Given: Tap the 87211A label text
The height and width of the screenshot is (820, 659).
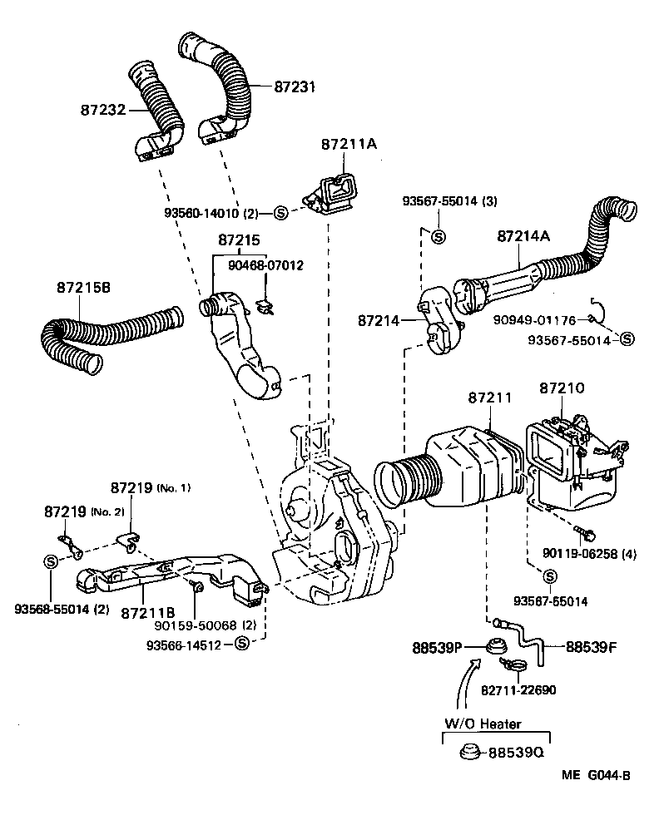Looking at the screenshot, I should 349,144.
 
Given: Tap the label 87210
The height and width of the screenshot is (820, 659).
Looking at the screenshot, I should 562,388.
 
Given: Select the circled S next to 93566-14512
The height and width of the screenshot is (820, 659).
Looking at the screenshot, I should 241,643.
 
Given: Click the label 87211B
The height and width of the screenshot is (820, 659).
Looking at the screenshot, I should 146,613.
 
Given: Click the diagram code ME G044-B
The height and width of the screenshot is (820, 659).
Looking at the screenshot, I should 595,777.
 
